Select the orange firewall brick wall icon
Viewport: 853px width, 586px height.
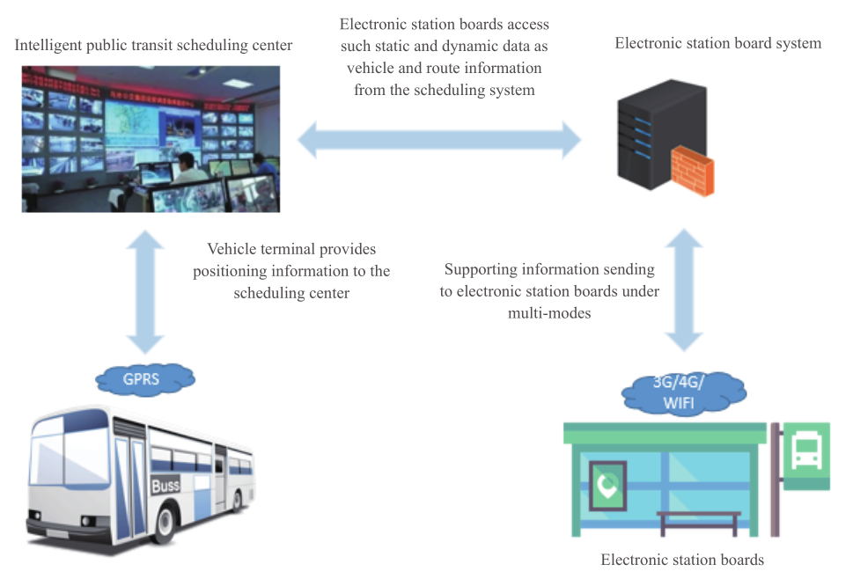[691, 172]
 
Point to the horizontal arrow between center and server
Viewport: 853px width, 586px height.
[440, 139]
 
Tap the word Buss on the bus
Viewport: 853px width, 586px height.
[165, 485]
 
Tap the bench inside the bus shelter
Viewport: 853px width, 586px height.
[699, 518]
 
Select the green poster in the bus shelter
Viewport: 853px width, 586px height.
[606, 484]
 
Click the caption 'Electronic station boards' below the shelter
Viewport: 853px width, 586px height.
[682, 560]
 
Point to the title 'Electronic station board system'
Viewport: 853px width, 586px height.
[717, 43]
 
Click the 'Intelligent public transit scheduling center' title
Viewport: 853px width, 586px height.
[153, 44]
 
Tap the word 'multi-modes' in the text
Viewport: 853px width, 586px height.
[548, 312]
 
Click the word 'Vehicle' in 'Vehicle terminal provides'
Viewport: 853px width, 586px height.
[232, 250]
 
